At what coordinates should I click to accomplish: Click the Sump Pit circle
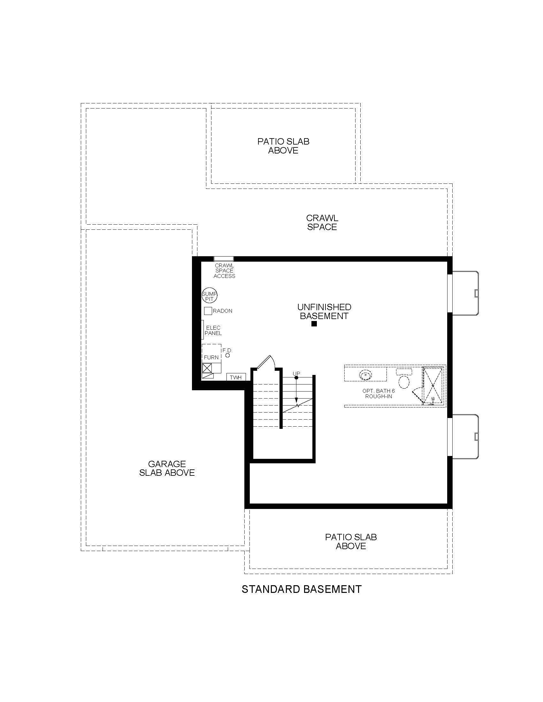pyautogui.click(x=210, y=295)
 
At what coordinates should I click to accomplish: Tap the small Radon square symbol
pyautogui.click(x=208, y=311)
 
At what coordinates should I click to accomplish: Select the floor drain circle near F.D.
pyautogui.click(x=228, y=355)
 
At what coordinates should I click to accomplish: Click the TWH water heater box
pyautogui.click(x=236, y=377)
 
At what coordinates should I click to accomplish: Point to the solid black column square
pyautogui.click(x=314, y=324)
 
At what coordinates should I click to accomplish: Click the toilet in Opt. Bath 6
pyautogui.click(x=404, y=379)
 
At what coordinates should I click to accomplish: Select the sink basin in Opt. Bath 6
pyautogui.click(x=365, y=375)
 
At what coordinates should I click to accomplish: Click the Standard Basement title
pyautogui.click(x=302, y=589)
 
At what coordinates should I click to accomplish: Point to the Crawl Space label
pyautogui.click(x=322, y=222)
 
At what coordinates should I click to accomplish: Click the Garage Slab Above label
pyautogui.click(x=167, y=468)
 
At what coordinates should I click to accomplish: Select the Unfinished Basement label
pyautogui.click(x=324, y=311)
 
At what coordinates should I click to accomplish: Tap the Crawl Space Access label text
pyautogui.click(x=225, y=271)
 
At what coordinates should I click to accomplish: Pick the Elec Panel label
pyautogui.click(x=213, y=331)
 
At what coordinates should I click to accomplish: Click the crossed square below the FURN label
pyautogui.click(x=207, y=368)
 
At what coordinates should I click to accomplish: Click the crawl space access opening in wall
pyautogui.click(x=224, y=259)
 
